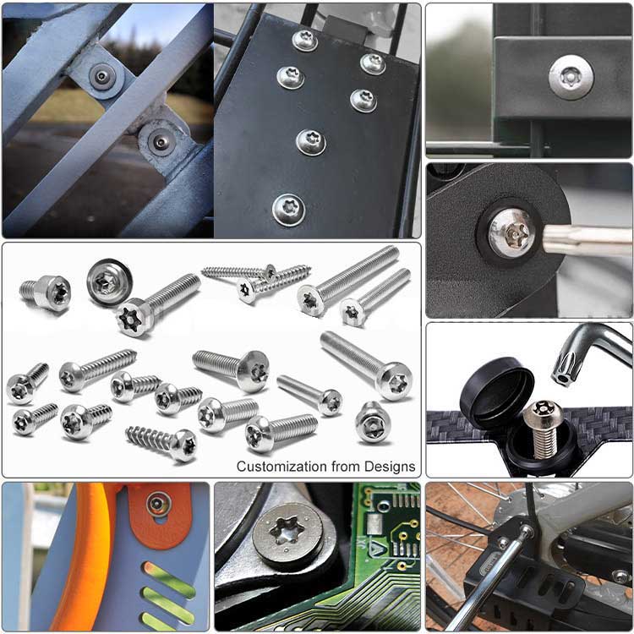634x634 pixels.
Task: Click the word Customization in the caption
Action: (281, 467)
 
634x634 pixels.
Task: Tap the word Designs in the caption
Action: (390, 467)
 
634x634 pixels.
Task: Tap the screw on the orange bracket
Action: (159, 504)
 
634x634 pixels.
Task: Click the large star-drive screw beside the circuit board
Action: (287, 533)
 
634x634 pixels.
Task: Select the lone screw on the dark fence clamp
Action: (571, 77)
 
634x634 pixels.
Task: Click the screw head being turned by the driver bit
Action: (512, 232)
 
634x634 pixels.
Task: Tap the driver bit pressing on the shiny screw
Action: (587, 240)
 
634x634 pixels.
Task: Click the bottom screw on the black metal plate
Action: (288, 210)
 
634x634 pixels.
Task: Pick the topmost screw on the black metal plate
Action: (304, 40)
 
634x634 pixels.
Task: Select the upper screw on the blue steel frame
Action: (103, 76)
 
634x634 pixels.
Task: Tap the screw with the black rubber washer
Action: (109, 281)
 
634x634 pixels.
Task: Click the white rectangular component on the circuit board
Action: (374, 524)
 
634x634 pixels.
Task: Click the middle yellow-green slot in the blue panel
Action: (169, 599)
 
